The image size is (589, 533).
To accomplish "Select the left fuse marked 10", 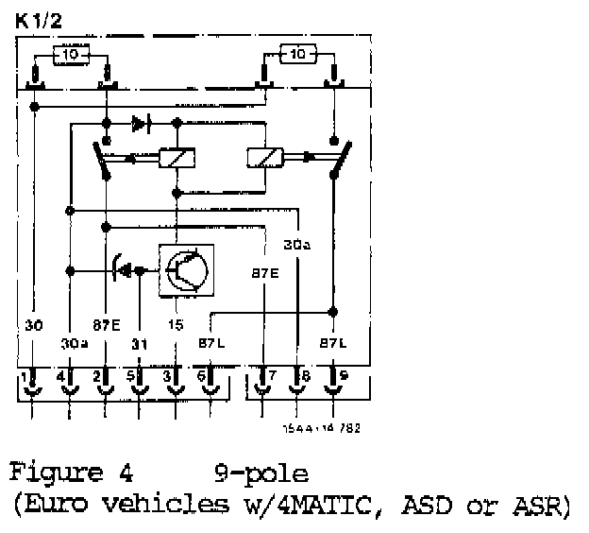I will point(71,55).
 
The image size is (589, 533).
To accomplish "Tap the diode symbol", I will point(142,123).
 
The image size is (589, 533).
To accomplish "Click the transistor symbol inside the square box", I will point(185,269).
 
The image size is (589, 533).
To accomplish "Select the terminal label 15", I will point(177,326).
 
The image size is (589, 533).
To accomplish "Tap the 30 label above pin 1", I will point(34,326).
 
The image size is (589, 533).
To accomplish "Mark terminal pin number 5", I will point(131,376).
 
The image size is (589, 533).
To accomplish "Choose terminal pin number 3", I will point(167,376).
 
